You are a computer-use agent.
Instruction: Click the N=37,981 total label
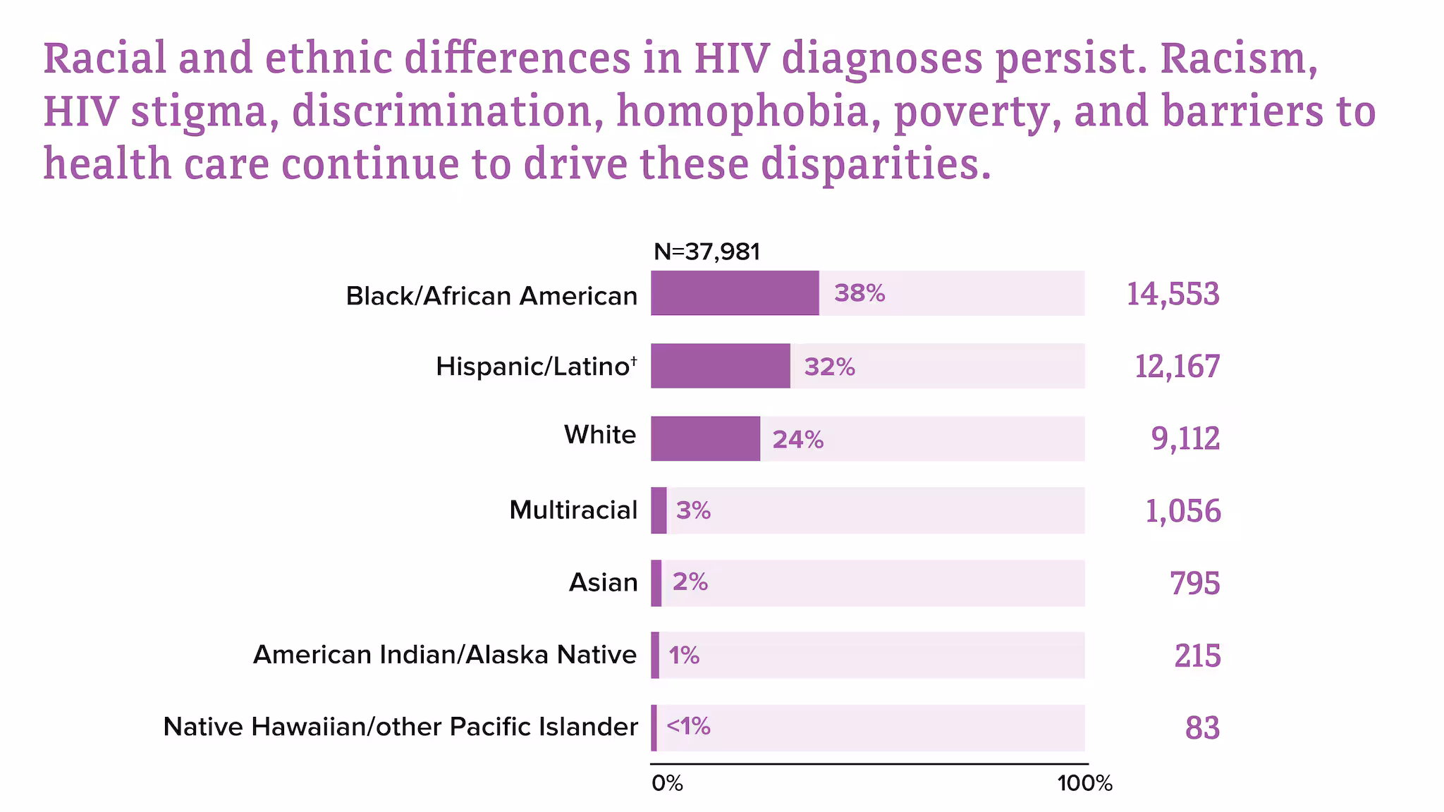(706, 252)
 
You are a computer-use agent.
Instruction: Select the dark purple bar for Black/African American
(735, 293)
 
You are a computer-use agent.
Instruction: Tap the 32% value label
(829, 367)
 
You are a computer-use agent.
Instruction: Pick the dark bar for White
(705, 438)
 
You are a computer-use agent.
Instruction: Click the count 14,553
(1173, 294)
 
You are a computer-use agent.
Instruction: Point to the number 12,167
(1177, 367)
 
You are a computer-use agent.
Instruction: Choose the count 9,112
(1185, 438)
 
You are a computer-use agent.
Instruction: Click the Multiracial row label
(573, 510)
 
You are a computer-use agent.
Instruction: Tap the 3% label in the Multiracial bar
(693, 510)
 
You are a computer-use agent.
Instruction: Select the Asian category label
(603, 582)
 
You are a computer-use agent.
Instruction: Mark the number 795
(1194, 584)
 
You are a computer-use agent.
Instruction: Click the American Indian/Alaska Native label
(445, 655)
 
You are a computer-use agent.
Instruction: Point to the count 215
(1197, 656)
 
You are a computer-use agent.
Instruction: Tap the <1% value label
(688, 726)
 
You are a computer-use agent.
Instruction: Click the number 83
(1202, 728)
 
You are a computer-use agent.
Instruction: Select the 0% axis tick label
(667, 783)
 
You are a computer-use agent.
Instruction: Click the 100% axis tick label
(1084, 783)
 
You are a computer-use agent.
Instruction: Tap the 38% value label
(859, 293)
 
